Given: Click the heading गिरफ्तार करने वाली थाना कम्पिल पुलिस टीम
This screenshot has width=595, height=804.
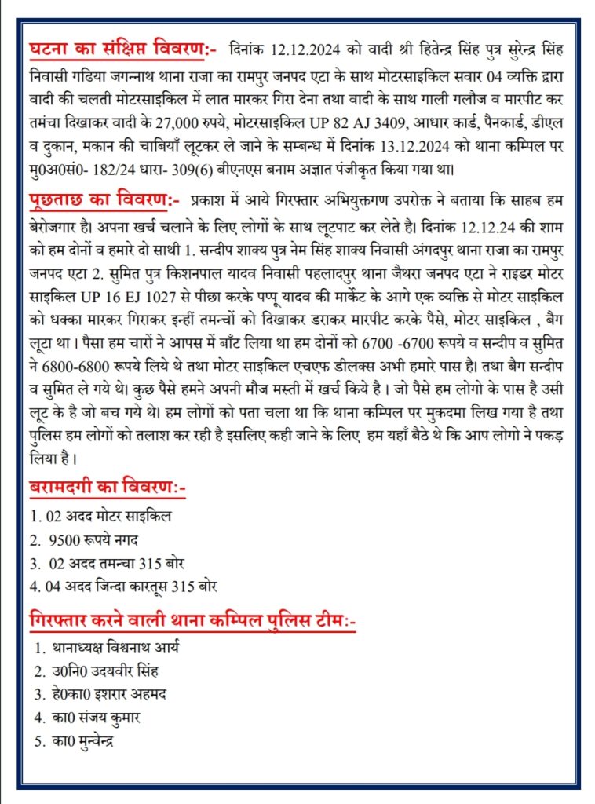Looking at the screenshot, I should (192, 622).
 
